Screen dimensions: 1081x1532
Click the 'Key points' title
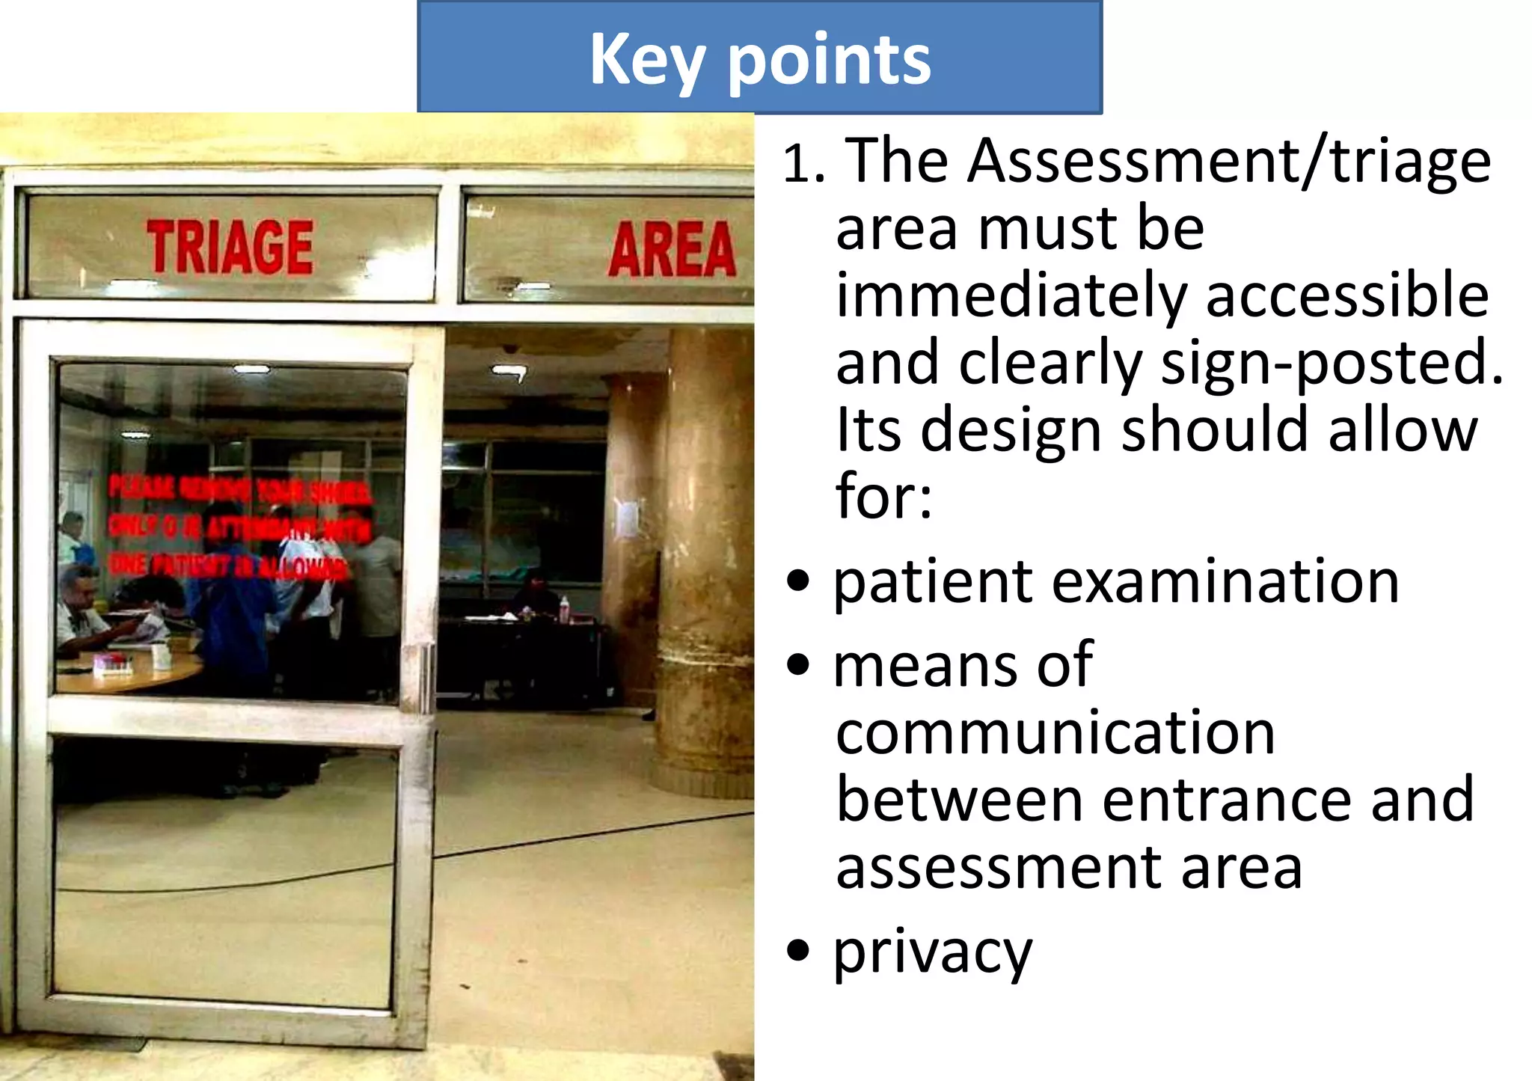(x=760, y=60)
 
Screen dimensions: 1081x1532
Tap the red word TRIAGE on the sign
(x=230, y=248)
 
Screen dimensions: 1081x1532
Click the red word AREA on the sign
(x=672, y=249)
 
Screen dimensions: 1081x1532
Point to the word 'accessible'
(x=1347, y=295)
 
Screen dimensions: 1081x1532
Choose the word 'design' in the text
(x=1011, y=432)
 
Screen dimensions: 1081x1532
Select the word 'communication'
(x=1055, y=733)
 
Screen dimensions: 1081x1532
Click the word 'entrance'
(x=1227, y=800)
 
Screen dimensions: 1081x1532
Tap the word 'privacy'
(x=933, y=953)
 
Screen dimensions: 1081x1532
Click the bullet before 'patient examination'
(x=798, y=582)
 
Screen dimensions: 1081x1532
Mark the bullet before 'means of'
(x=798, y=665)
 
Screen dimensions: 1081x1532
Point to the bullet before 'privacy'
(x=798, y=951)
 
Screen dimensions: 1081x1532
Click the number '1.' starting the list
(x=804, y=163)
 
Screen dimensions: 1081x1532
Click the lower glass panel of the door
(x=224, y=875)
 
